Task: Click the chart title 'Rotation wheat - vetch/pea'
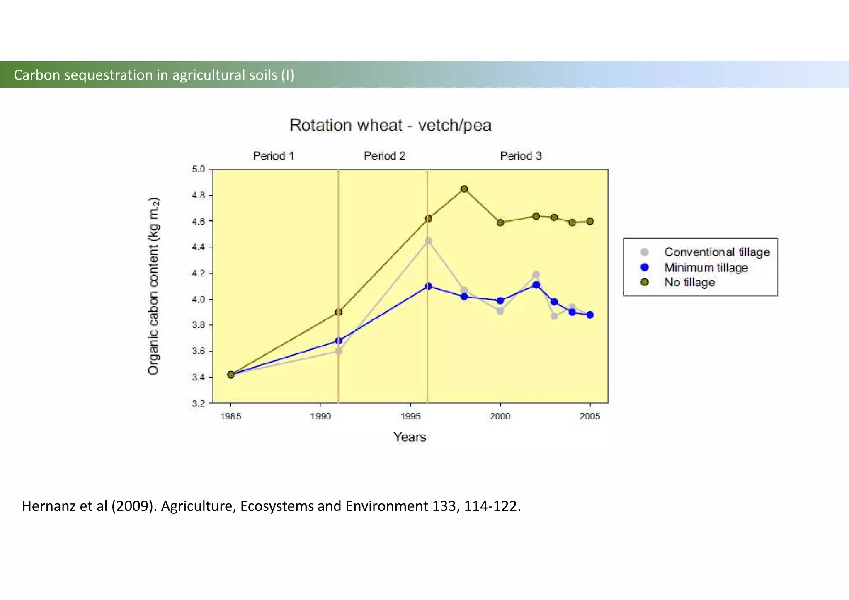[390, 125]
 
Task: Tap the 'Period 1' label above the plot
[273, 156]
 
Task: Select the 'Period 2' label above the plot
[384, 156]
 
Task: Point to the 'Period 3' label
[521, 156]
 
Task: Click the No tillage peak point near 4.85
[464, 189]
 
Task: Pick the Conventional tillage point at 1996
[428, 241]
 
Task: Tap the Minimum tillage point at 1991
[338, 341]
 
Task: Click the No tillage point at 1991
[338, 312]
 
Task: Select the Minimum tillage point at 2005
[590, 315]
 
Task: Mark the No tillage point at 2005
[590, 221]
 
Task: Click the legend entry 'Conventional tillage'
[717, 252]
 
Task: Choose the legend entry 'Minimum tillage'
[706, 268]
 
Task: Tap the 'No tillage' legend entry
[689, 283]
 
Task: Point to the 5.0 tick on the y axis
[199, 169]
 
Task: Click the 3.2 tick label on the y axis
[199, 403]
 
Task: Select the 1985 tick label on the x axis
[231, 416]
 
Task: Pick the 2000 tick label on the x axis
[500, 416]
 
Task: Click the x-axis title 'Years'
[410, 437]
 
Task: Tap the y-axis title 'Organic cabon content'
[153, 286]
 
